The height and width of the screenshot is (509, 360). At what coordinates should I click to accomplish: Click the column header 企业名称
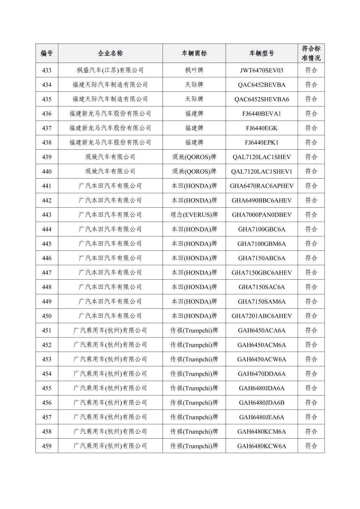coord(110,53)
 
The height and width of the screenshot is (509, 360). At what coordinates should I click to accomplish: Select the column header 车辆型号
coord(261,53)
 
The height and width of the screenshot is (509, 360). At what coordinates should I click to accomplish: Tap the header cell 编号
coord(47,53)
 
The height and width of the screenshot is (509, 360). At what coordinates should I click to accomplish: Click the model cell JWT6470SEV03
coord(261,70)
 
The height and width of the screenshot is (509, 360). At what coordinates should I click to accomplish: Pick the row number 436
coord(47,114)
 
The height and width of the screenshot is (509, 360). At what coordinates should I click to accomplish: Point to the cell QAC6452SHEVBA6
coord(261,99)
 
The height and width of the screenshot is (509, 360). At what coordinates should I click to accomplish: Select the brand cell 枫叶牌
coord(194,70)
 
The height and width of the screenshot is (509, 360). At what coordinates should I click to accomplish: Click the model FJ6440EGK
coord(261,128)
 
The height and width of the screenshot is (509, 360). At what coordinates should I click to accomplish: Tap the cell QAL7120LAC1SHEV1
coord(261,171)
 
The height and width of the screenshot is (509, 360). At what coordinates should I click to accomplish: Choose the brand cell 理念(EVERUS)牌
coord(194,215)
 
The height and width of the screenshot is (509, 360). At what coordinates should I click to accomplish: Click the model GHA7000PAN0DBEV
coord(261,215)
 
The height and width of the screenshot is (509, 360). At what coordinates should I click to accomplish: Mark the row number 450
coord(47,316)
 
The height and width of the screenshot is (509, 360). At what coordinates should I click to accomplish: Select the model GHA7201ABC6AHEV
coord(261,316)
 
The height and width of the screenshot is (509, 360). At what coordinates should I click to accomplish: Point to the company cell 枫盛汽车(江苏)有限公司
coord(110,70)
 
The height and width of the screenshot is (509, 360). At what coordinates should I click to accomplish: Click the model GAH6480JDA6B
coord(261,403)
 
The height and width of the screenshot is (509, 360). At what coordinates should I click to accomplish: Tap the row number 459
coord(47,446)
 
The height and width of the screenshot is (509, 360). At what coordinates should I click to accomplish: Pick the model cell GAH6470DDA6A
coord(261,374)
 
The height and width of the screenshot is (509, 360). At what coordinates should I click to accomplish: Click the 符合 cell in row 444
coord(311,229)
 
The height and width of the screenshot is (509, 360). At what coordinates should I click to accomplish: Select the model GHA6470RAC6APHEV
coord(261,186)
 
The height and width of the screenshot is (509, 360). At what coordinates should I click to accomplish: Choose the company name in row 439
coord(110,157)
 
